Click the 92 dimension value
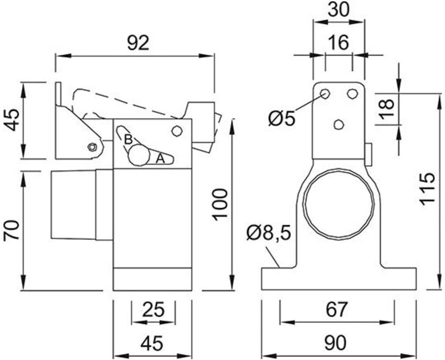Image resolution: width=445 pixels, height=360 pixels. click(x=138, y=43)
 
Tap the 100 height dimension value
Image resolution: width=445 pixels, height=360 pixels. click(x=220, y=204)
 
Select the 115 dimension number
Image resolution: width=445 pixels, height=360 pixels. click(x=426, y=189)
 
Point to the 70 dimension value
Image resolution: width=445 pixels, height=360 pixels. click(x=13, y=230)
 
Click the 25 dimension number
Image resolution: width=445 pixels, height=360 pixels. click(x=153, y=310)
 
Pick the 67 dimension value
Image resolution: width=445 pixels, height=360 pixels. click(x=336, y=309)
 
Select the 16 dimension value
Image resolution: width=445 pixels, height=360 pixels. click(x=339, y=43)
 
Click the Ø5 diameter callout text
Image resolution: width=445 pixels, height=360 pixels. click(x=282, y=118)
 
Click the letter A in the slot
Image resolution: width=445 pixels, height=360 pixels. click(x=160, y=158)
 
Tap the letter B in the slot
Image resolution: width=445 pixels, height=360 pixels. click(x=128, y=139)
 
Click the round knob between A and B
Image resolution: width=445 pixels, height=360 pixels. click(x=139, y=155)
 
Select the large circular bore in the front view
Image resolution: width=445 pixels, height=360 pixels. click(x=339, y=202)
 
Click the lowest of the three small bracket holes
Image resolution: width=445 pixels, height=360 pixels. click(x=339, y=124)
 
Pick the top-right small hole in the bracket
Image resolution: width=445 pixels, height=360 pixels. click(x=352, y=94)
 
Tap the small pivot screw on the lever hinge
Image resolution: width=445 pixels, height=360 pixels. click(x=92, y=147)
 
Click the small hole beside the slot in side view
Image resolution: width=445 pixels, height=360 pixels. click(x=177, y=131)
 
